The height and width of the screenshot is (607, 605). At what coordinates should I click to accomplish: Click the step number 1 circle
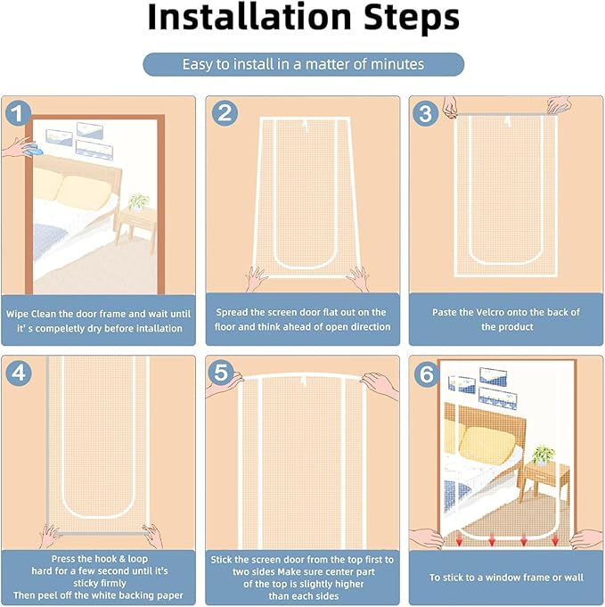click(18, 113)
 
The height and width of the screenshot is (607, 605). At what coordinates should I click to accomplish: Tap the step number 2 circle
click(225, 113)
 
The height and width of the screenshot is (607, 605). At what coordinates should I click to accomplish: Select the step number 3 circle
click(425, 113)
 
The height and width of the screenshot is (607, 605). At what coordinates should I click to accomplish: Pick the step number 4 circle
click(18, 373)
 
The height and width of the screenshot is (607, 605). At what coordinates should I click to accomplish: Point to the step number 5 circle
click(221, 372)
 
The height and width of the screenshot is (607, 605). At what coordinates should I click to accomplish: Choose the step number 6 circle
click(427, 374)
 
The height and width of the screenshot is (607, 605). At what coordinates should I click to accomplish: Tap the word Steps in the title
click(412, 19)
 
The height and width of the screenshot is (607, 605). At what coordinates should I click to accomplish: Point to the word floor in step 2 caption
click(225, 327)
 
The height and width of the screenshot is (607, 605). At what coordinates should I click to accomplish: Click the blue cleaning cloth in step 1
click(32, 150)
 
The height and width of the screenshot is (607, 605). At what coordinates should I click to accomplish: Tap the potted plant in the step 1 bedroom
click(138, 202)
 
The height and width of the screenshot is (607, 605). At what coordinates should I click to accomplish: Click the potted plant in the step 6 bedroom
click(543, 455)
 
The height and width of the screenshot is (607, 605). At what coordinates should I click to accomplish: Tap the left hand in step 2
click(256, 278)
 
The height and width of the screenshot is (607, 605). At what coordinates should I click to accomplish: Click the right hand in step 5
click(380, 385)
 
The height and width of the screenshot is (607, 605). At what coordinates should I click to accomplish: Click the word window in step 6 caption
click(506, 578)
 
